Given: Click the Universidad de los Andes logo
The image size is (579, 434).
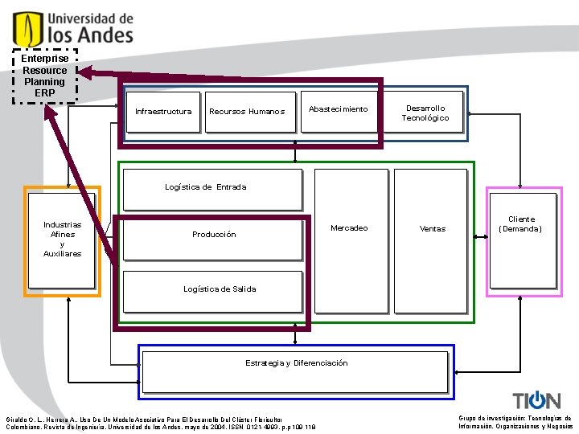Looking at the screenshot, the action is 72,27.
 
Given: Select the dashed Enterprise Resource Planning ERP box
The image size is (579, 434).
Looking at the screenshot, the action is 45,76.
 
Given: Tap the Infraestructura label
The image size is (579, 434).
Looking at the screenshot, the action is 163,112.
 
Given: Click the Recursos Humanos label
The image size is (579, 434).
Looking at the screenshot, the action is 247,112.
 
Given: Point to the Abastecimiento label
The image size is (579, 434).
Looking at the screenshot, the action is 338,109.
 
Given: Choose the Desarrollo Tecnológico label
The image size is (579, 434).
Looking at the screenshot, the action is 425,113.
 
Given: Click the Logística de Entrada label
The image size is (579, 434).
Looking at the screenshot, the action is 206,187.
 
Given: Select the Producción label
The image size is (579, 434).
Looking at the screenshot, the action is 214,235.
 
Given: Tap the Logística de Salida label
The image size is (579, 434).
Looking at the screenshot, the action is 220,289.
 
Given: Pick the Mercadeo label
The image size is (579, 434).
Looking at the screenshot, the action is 349,228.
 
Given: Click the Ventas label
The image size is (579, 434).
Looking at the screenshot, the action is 433,229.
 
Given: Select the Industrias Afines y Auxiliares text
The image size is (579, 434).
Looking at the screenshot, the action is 62,240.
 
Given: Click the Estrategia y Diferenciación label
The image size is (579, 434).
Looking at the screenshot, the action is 297,363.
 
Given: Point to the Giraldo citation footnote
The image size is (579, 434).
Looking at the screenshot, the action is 161,423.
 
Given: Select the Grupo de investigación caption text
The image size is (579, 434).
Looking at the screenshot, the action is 515,423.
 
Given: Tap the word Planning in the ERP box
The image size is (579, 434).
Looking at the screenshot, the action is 45,82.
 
